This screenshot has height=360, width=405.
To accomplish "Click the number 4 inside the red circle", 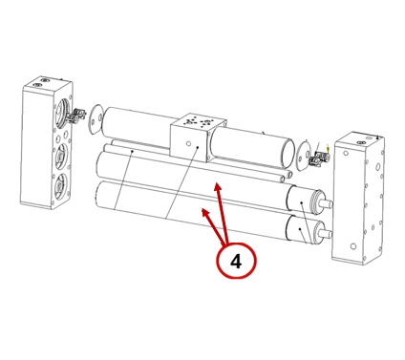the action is tap(236, 262).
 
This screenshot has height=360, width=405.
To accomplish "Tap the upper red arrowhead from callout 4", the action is tap(218, 187).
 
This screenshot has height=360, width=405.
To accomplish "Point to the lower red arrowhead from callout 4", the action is tap(205, 212).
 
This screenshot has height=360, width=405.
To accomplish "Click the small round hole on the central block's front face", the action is tap(188, 144).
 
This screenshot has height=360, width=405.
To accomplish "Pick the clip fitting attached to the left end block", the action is tap(78, 116).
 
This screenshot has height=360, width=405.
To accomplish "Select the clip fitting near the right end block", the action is tap(319, 159).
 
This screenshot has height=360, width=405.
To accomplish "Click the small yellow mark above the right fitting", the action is tap(328, 147).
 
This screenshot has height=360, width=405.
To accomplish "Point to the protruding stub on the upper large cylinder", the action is tap(328, 203).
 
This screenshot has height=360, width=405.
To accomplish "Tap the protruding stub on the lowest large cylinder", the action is tap(327, 234).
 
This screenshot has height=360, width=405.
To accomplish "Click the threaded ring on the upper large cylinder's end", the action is tap(317, 201).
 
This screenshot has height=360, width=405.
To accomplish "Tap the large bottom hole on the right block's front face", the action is tap(353, 246).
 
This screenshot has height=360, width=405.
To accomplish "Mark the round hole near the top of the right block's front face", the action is tap(345, 154).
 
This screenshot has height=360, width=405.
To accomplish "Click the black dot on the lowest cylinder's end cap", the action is tap(300, 228).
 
